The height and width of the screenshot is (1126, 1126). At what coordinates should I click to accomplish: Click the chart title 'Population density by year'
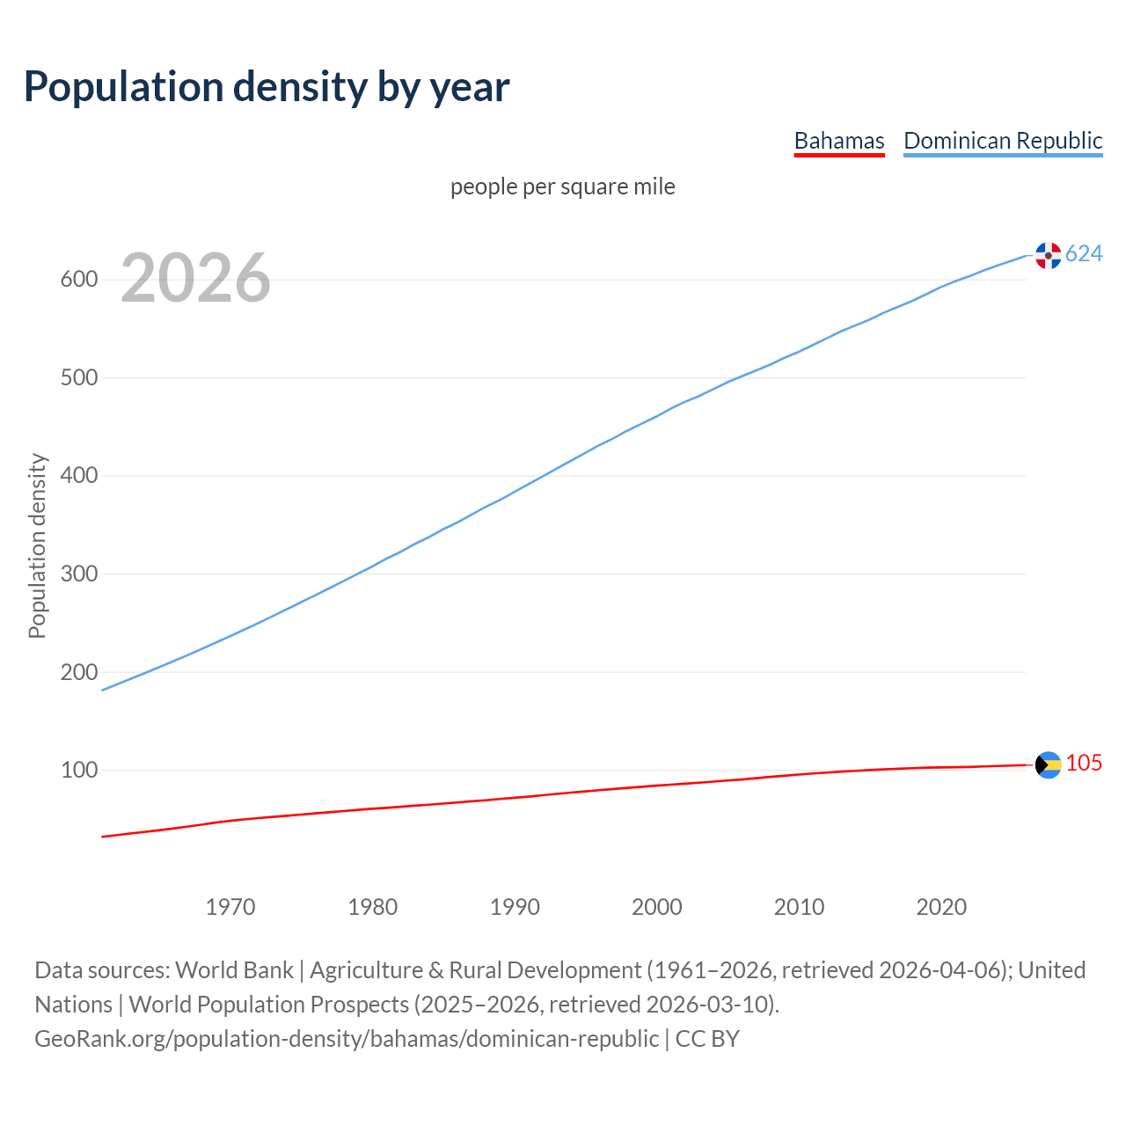click(267, 86)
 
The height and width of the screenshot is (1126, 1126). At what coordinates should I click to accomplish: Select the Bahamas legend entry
click(838, 141)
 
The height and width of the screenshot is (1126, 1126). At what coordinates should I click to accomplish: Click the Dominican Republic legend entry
click(1003, 141)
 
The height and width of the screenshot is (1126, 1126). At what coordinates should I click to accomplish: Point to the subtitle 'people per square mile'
click(562, 186)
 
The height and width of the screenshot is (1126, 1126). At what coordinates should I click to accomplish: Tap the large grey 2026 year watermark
click(195, 278)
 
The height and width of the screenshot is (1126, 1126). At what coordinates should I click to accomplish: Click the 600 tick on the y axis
click(78, 280)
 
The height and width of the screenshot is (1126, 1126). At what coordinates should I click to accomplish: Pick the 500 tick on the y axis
click(78, 378)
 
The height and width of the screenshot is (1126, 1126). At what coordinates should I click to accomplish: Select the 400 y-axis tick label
click(78, 476)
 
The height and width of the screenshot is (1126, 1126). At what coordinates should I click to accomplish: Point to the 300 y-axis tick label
click(78, 574)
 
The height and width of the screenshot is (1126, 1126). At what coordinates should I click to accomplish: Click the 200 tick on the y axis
click(78, 672)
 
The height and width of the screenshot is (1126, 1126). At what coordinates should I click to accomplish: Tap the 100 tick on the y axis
click(78, 771)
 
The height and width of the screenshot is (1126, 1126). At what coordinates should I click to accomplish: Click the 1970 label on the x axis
click(230, 907)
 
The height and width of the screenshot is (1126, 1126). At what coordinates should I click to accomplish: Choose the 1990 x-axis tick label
click(515, 907)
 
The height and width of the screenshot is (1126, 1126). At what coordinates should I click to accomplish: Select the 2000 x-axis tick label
click(657, 907)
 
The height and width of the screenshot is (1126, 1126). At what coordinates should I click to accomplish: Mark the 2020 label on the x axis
click(941, 907)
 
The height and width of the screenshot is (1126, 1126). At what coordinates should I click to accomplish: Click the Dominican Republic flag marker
click(1048, 255)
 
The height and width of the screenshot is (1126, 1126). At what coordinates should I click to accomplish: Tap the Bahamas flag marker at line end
click(1048, 765)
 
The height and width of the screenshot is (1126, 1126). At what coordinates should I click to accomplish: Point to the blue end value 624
click(1084, 254)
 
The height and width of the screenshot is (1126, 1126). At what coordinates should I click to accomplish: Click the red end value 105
click(1084, 764)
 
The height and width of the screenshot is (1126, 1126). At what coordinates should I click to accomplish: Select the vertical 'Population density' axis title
click(37, 545)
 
